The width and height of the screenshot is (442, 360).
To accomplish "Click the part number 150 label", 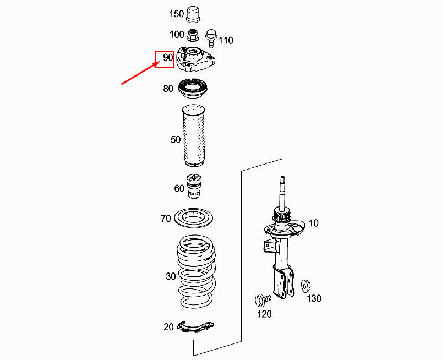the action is pyautogui.click(x=177, y=14).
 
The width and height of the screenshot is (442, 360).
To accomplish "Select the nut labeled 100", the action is pyautogui.click(x=192, y=35).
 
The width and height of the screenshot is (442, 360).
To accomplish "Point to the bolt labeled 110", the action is pyautogui.click(x=211, y=38).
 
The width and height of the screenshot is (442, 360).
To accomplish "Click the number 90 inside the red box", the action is pyautogui.click(x=168, y=57).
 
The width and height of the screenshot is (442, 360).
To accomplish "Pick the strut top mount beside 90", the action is pyautogui.click(x=196, y=59).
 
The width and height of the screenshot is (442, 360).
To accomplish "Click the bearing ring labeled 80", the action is pyautogui.click(x=193, y=89).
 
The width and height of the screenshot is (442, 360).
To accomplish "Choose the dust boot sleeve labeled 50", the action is pyautogui.click(x=194, y=135).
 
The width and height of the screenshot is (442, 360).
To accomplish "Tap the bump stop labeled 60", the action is pyautogui.click(x=194, y=187).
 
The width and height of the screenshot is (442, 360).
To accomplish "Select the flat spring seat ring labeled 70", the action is pyautogui.click(x=193, y=218).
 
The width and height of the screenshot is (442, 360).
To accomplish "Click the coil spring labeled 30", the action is pyautogui.click(x=196, y=272).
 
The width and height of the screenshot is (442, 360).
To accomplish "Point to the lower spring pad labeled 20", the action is pyautogui.click(x=195, y=327).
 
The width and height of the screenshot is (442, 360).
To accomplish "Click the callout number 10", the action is pyautogui.click(x=313, y=223).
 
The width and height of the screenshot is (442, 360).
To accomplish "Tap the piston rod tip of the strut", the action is pyautogui.click(x=282, y=178).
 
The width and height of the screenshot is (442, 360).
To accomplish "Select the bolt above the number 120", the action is pyautogui.click(x=263, y=299).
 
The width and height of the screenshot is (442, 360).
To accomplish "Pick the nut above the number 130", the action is pyautogui.click(x=305, y=286).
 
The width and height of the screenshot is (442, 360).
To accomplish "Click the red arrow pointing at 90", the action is pyautogui.click(x=139, y=73).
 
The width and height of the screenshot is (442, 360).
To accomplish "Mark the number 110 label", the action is pyautogui.click(x=226, y=41).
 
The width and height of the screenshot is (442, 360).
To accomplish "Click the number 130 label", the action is pyautogui.click(x=314, y=298).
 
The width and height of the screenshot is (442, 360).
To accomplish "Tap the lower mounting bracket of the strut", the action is pyautogui.click(x=283, y=282).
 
